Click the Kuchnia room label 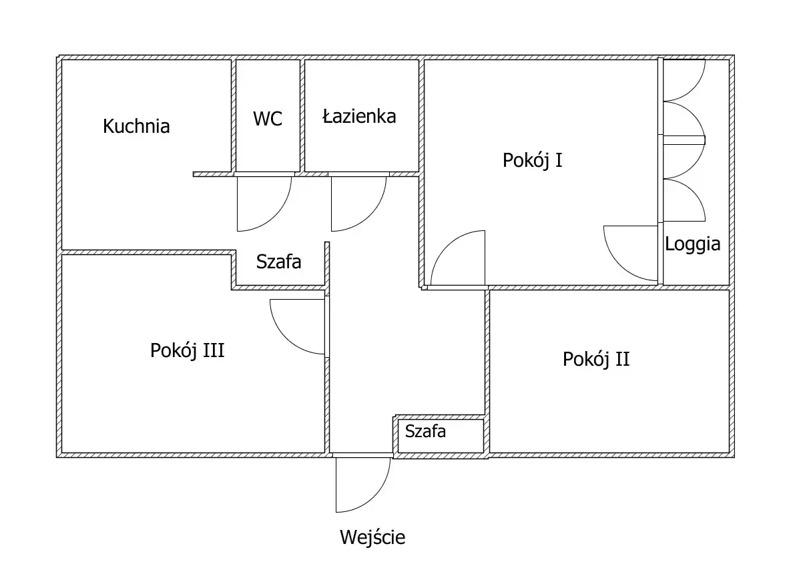pos(136,126)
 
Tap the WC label pos(267,119)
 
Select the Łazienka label pos(359,116)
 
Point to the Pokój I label pos(532,160)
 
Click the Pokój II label pos(596,360)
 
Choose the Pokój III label pos(187,350)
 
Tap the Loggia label pos(692,244)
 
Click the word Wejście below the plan pos(372,537)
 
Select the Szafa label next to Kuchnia pos(278,262)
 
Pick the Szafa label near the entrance pos(425,431)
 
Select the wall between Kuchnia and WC pos(234,116)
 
